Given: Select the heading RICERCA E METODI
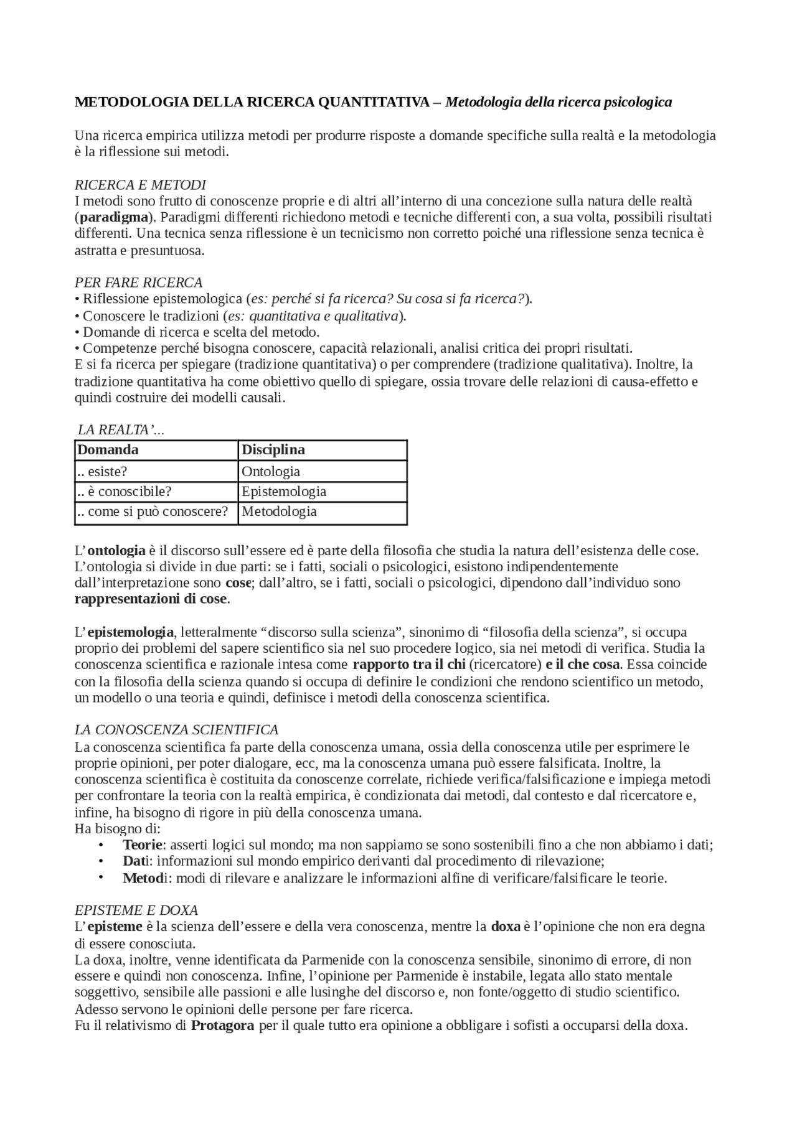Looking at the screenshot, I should tap(140, 185).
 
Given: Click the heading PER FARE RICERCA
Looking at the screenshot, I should tap(138, 283).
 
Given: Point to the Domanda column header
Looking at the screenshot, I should tap(108, 449).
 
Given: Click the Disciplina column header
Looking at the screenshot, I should tap(273, 449).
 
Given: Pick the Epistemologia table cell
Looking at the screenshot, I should tap(283, 491).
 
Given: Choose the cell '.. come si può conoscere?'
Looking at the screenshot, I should tap(152, 512).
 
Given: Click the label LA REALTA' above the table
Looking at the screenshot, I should tap(120, 430).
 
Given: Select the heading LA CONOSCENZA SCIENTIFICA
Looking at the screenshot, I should tap(176, 729).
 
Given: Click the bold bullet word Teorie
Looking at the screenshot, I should tap(143, 844).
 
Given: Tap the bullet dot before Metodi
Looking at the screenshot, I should tap(100, 877).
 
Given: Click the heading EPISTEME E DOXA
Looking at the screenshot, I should tap(136, 910).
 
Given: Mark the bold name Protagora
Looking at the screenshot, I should tap(222, 1025).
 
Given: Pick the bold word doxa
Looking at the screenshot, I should tap(506, 926).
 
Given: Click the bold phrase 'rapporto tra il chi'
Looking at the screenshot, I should tap(408, 664).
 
